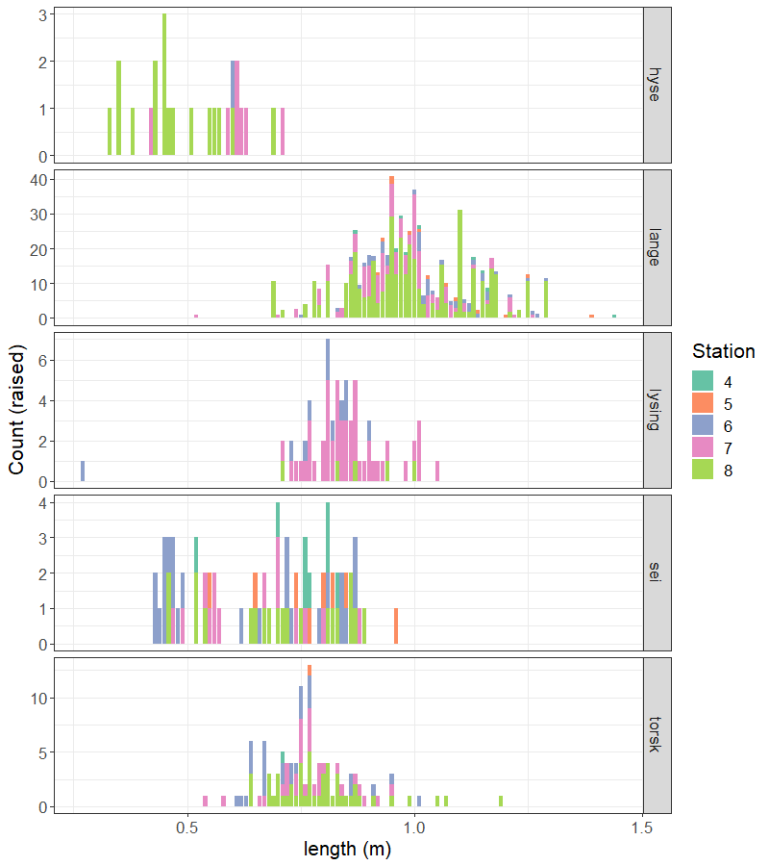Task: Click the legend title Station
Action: point(723,351)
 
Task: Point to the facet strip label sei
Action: point(656,573)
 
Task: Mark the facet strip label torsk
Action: point(656,735)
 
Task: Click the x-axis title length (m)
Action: point(348,850)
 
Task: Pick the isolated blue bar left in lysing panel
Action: point(83,471)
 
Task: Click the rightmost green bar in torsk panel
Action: point(501,801)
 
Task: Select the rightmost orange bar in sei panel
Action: point(396,626)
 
